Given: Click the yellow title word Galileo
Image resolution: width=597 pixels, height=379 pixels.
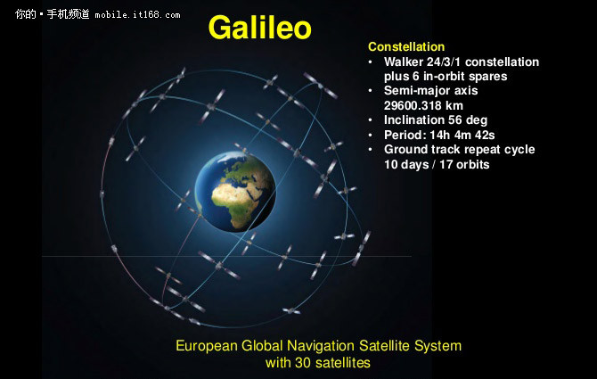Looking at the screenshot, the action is click(259, 28).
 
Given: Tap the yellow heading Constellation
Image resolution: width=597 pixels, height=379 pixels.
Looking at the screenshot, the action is click(406, 47).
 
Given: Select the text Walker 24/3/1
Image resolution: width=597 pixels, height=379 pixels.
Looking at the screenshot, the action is click(422, 62).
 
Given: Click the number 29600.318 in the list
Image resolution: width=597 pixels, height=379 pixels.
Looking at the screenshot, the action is click(412, 105).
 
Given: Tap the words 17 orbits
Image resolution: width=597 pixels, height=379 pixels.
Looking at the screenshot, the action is click(464, 165).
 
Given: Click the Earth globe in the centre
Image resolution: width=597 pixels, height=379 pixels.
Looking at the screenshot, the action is click(235, 192).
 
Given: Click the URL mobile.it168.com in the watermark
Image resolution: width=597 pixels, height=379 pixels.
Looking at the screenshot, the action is click(137, 15).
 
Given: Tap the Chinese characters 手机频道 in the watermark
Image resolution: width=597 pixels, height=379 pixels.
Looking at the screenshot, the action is click(68, 14).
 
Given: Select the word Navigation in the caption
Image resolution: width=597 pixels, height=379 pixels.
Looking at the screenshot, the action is click(321, 346).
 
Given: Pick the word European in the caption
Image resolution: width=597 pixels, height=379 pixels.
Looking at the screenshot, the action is click(207, 346).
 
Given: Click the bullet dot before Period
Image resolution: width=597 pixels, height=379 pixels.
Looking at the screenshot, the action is click(371, 135).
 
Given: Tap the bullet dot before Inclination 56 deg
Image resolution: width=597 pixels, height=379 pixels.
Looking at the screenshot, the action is click(371, 120).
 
